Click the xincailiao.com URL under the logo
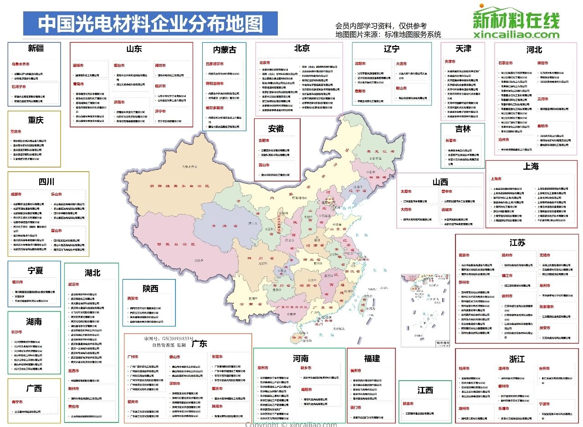(x=516, y=35)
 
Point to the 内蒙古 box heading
(x=225, y=50)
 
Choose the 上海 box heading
(x=531, y=166)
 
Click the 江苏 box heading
(x=517, y=242)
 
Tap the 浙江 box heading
(x=517, y=359)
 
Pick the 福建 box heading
(x=372, y=359)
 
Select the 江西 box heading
(x=425, y=390)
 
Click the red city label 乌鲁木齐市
(x=20, y=64)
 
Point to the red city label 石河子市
(x=19, y=86)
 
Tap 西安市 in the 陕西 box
(x=133, y=299)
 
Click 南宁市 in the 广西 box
(x=17, y=402)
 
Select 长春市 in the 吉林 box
(x=451, y=141)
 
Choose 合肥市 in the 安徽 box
(x=264, y=141)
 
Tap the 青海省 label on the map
(x=216, y=225)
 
